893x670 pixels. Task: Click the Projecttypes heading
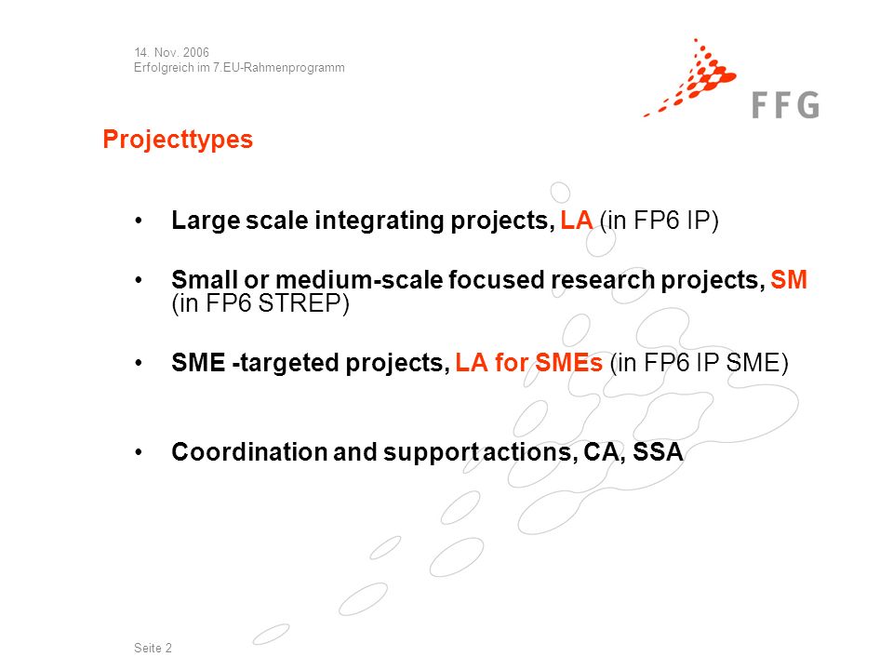tap(178, 140)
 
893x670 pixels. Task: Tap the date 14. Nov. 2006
tap(171, 52)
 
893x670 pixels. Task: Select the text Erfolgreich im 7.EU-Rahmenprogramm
tap(239, 68)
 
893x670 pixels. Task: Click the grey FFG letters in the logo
tap(785, 105)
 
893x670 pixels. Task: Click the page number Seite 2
tap(153, 648)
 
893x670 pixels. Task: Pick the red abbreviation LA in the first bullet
tap(577, 221)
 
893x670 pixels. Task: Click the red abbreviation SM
tap(789, 280)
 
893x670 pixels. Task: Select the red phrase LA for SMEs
tap(528, 363)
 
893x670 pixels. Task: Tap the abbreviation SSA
tap(658, 452)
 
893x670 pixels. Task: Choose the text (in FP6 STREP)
tap(260, 303)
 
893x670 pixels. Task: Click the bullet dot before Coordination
tap(139, 453)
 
